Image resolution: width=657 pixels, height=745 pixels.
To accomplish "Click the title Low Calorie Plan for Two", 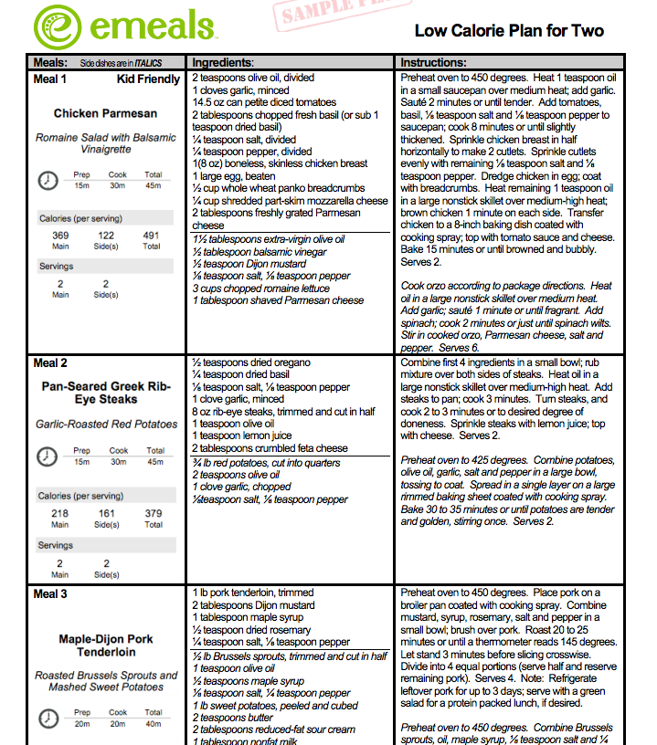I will (509, 30).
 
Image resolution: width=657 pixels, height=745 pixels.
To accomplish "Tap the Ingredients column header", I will (222, 63).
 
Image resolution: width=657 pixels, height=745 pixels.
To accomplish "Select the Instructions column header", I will (434, 63).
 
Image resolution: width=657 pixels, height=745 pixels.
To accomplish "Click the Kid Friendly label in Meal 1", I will (148, 79).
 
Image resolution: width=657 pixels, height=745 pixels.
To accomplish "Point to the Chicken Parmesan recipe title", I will (105, 114).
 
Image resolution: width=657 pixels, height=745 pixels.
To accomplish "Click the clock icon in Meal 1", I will (48, 180).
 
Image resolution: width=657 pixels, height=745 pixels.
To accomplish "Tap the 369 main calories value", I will (60, 236).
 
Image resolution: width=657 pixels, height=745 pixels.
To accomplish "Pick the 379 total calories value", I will (154, 514).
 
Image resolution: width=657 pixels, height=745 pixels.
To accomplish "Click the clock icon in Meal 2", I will (48, 456).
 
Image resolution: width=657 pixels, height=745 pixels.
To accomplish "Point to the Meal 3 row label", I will (50, 594).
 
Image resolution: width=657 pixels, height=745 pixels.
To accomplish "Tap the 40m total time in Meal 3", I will (154, 723).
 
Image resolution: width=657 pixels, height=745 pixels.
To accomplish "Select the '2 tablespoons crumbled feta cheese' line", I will (270, 448).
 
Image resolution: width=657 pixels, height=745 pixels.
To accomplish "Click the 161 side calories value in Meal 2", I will (107, 514).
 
